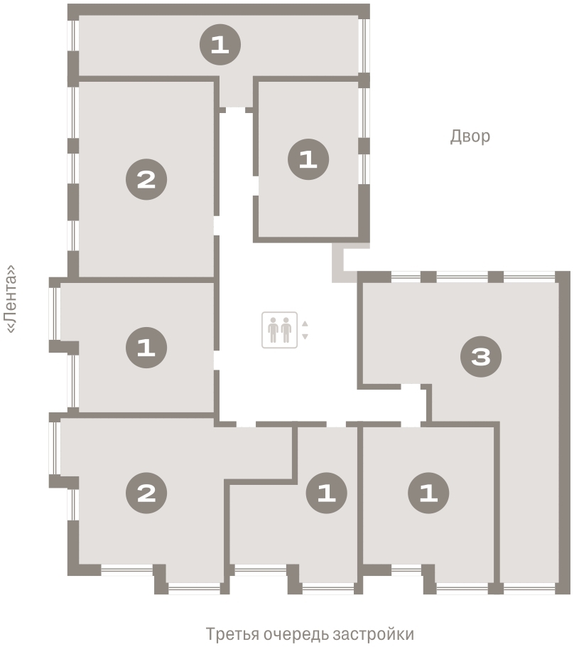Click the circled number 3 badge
pos(481,356)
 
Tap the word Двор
pos(470,137)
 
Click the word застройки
pos(373,633)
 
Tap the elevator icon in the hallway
pos(280,330)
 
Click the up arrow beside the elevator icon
pos(305,323)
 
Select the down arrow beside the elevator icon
pos(305,337)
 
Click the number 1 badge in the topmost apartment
pos(220,45)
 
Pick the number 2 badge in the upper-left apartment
pos(146,179)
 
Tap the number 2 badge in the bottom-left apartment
pos(146,493)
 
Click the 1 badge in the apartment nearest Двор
pos(308,159)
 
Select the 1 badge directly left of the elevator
pos(146,348)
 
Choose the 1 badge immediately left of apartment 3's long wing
pos(428,493)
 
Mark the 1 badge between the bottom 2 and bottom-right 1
pos(327,493)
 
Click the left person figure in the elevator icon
pos(273,330)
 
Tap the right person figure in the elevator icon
pos(286,330)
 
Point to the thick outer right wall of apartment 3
pos(563,432)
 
